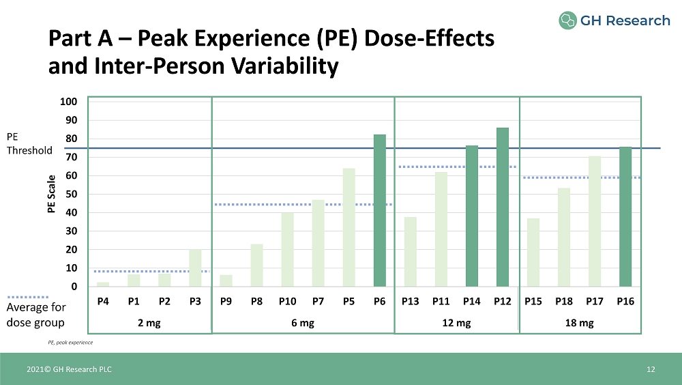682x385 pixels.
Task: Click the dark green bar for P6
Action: [x=380, y=210]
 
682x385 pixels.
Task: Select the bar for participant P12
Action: [x=503, y=207]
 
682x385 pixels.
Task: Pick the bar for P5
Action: [x=349, y=227]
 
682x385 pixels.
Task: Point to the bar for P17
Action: [x=595, y=221]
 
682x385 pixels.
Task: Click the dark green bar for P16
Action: [x=625, y=216]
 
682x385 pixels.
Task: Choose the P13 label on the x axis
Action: [x=410, y=301]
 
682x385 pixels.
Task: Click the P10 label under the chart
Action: [x=287, y=301]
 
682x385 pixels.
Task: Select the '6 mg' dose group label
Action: [x=303, y=323]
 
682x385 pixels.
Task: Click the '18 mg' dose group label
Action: [x=580, y=323]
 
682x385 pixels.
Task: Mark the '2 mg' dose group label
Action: [x=149, y=323]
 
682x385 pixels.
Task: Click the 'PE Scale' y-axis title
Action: [x=51, y=195]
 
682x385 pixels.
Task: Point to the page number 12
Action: [x=651, y=369]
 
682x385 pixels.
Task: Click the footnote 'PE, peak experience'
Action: [x=70, y=341]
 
